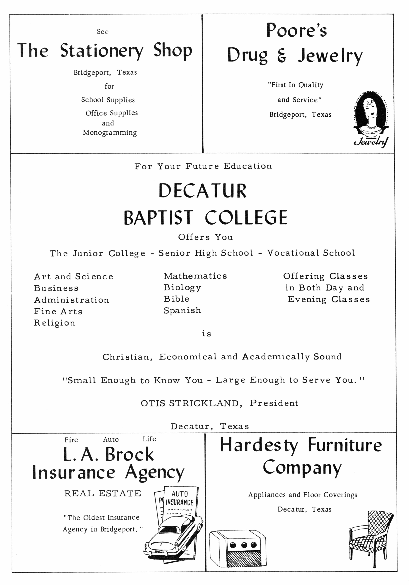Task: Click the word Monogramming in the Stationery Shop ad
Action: [x=110, y=133]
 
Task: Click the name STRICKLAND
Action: [x=204, y=403]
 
